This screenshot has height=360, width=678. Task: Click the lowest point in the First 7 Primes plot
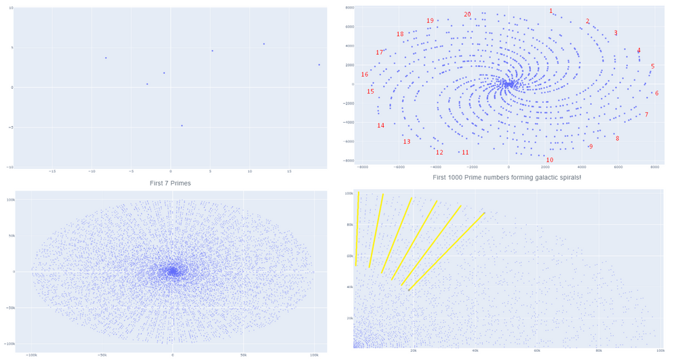182,125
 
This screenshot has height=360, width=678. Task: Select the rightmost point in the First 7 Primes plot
319,64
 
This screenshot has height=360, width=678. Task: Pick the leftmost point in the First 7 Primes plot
106,58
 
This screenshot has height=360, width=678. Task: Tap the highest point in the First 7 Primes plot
264,44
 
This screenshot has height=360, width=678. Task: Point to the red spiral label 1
551,11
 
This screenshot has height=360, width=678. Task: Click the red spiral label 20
467,14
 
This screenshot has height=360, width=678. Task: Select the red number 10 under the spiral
549,160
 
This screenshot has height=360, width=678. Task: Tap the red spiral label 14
380,125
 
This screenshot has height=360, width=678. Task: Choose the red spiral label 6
656,93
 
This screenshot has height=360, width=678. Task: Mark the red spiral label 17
379,53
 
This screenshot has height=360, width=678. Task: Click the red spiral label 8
617,138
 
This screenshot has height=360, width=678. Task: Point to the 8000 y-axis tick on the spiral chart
349,7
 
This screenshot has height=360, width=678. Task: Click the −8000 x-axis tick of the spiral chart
363,166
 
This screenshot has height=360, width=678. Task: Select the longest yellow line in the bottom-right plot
446,252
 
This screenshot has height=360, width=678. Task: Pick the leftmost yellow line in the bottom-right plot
357,229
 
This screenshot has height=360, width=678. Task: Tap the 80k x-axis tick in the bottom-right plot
599,351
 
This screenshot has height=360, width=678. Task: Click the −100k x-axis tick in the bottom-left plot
31,355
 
